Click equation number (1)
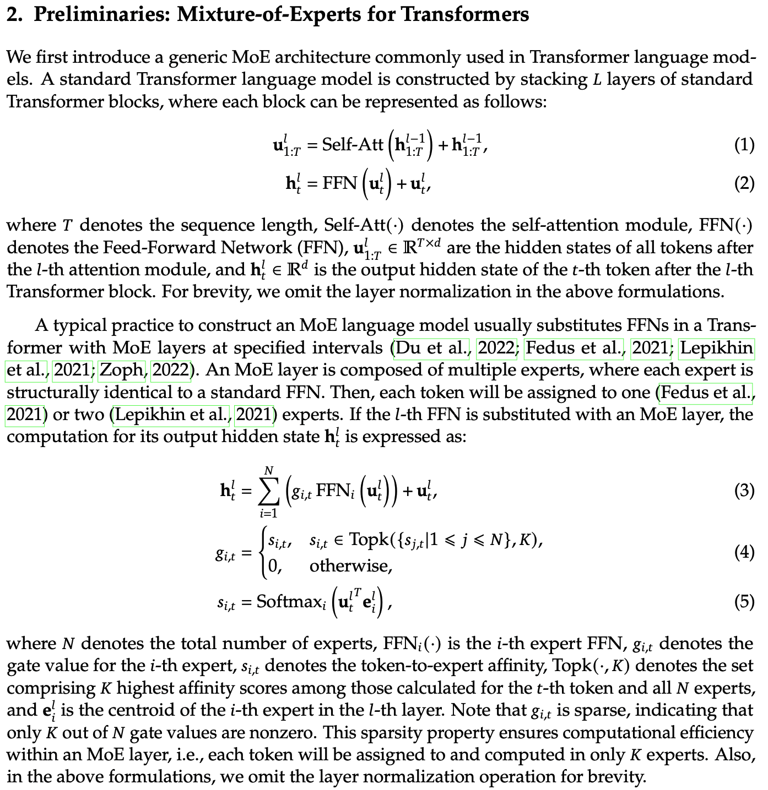(744, 145)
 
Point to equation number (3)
(744, 491)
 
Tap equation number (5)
(744, 602)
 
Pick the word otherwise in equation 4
(350, 565)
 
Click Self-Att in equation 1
(353, 145)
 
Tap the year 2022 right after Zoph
(171, 370)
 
